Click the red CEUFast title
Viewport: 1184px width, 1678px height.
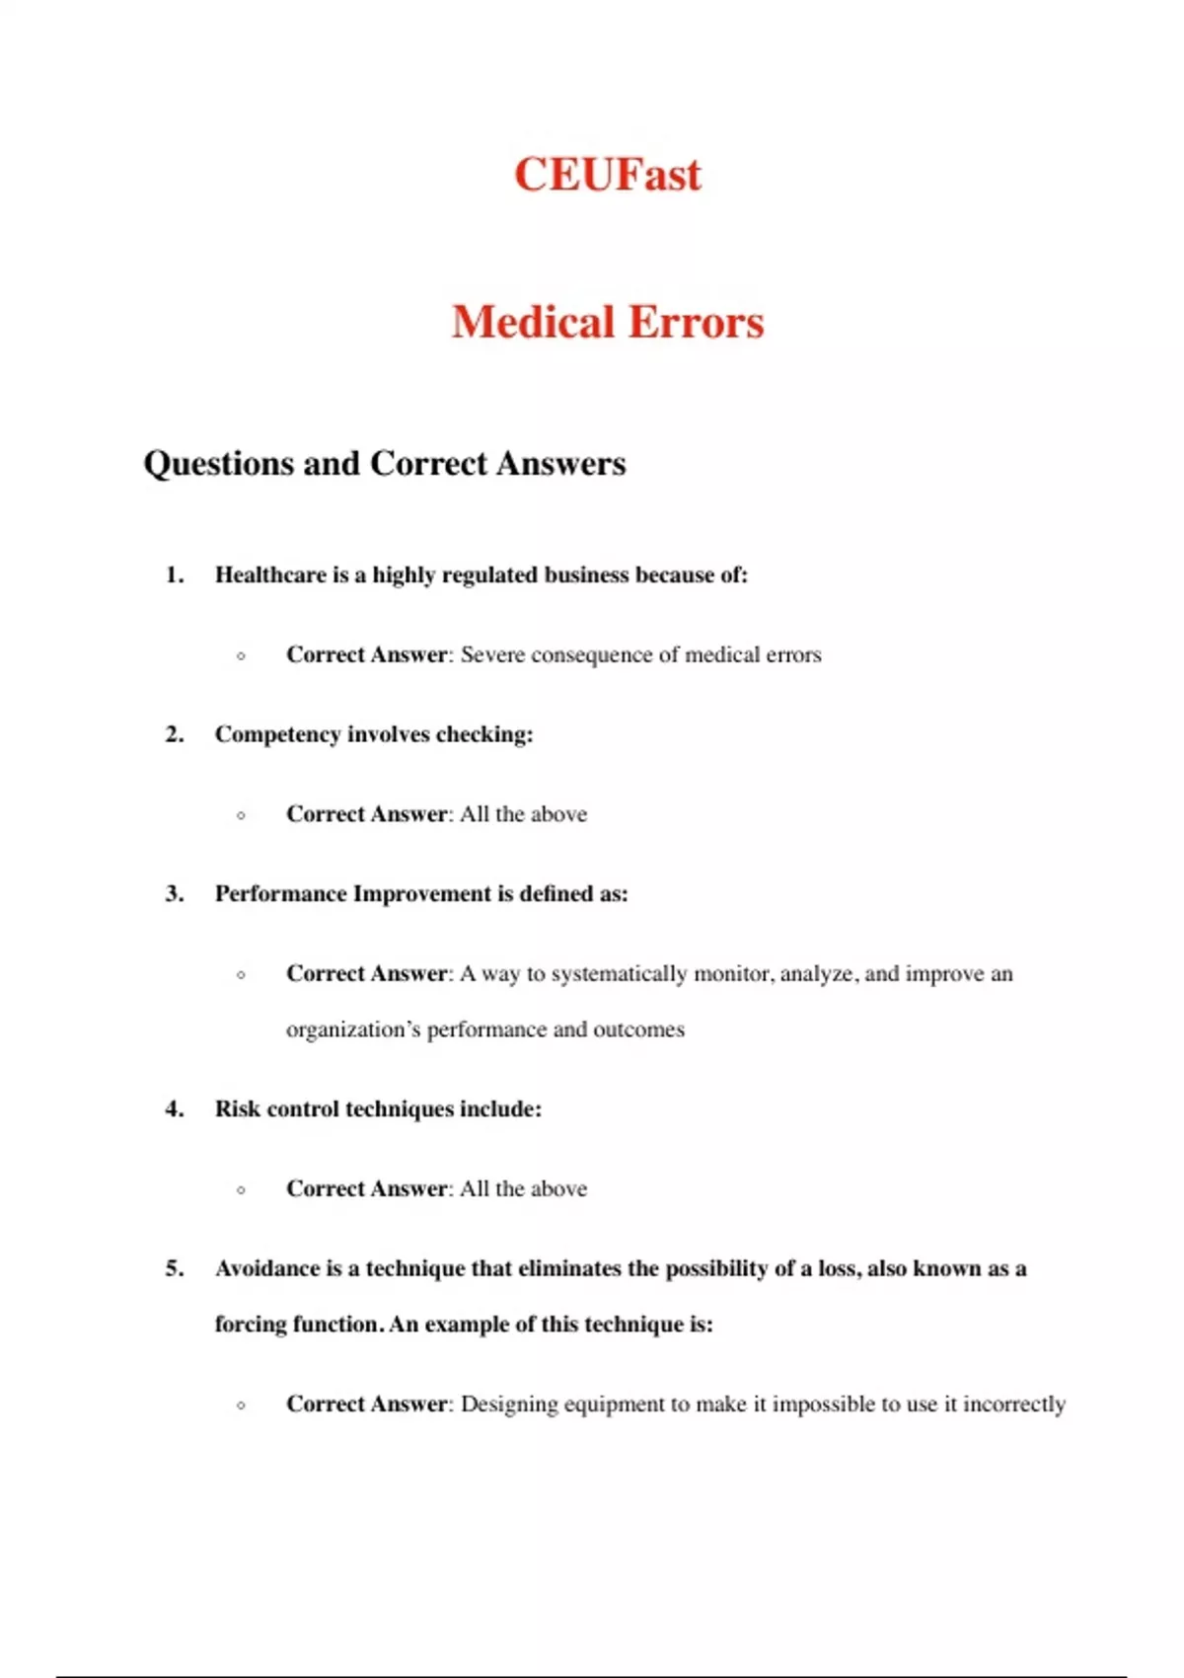(x=607, y=175)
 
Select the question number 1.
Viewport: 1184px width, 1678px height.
(x=175, y=575)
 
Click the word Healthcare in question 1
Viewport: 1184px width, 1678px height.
(x=270, y=575)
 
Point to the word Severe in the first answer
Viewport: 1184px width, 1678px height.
(x=491, y=655)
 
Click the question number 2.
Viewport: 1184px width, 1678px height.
(x=175, y=734)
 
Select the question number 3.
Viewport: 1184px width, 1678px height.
(x=175, y=894)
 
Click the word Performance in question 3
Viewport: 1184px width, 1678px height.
(x=280, y=894)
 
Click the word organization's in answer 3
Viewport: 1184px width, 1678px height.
(x=352, y=1030)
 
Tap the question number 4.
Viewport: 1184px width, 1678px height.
(x=175, y=1109)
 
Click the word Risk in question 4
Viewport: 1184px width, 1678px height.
(x=238, y=1109)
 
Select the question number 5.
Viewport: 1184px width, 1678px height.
(x=175, y=1268)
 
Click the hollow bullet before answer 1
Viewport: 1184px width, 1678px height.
(x=242, y=656)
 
